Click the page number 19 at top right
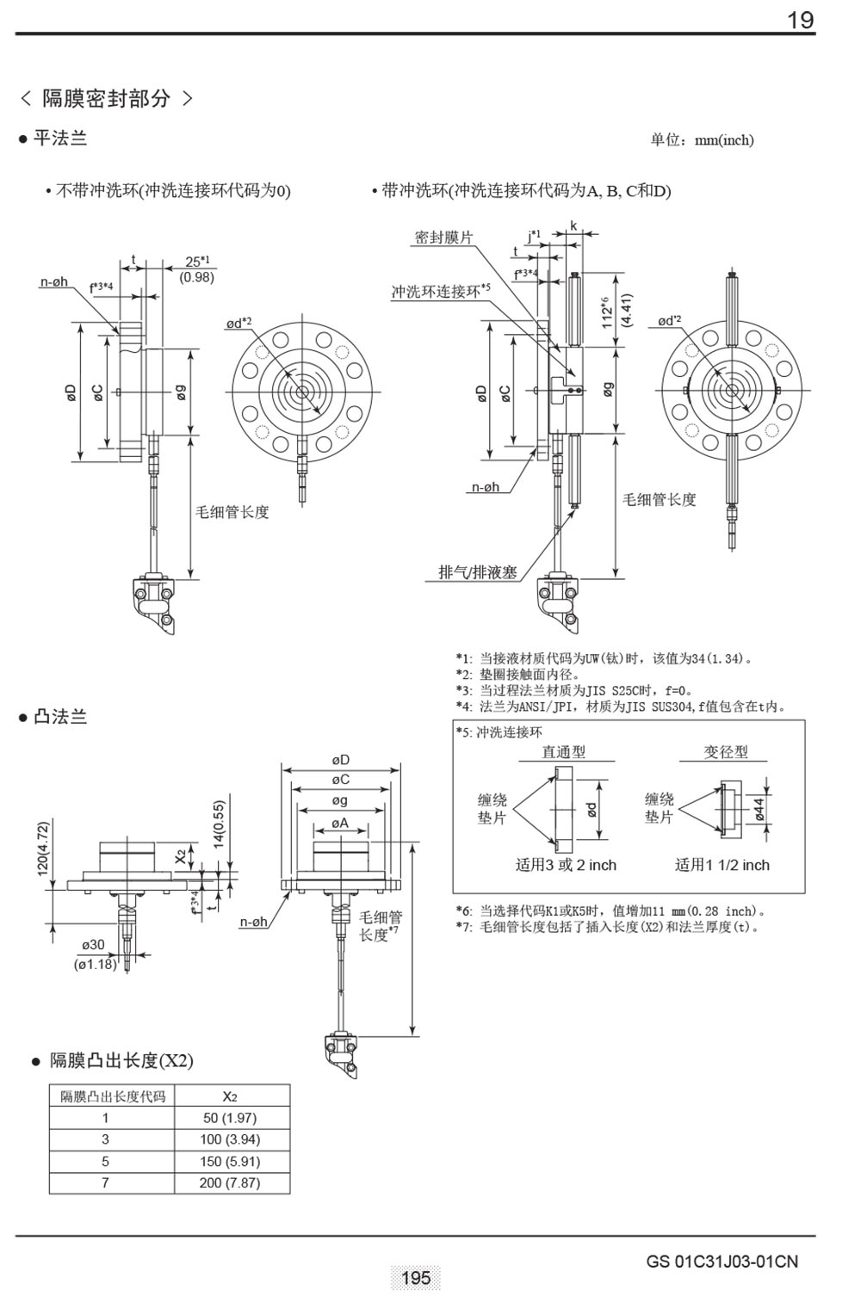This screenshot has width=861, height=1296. pyautogui.click(x=801, y=20)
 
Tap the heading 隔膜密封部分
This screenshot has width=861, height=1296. pyautogui.click(x=107, y=98)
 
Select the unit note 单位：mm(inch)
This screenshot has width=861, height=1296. pyautogui.click(x=702, y=140)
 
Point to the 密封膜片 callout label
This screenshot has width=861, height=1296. pyautogui.click(x=443, y=238)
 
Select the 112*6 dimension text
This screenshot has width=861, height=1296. pyautogui.click(x=609, y=312)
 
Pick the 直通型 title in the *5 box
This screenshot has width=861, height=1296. pyautogui.click(x=563, y=751)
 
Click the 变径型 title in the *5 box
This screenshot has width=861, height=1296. pyautogui.click(x=726, y=751)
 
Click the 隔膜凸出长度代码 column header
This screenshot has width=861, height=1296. pyautogui.click(x=112, y=1096)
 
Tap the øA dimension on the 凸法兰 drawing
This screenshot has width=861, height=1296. pyautogui.click(x=341, y=823)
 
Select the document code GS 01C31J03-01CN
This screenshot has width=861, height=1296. pyautogui.click(x=722, y=1262)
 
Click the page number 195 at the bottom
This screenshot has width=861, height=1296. pyautogui.click(x=416, y=1277)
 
